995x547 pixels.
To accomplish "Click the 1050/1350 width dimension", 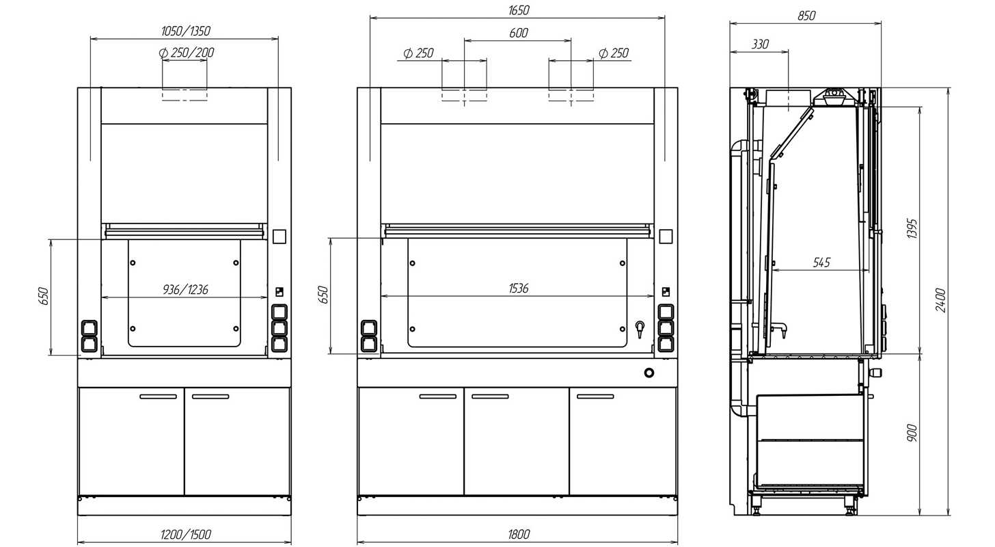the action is (x=186, y=31).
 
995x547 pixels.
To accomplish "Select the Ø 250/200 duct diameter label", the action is (x=187, y=53).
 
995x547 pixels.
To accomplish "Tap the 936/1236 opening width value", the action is (x=185, y=290).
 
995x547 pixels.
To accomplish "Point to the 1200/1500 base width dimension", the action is (x=186, y=534).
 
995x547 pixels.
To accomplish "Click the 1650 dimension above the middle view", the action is (x=519, y=10).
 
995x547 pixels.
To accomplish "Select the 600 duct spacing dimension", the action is (x=519, y=33).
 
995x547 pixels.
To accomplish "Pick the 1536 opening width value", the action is (x=519, y=289).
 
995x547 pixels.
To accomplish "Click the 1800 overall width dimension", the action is (x=519, y=534).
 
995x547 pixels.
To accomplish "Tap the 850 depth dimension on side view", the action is (x=806, y=16).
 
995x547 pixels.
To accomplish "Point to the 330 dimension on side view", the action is (x=760, y=44).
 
